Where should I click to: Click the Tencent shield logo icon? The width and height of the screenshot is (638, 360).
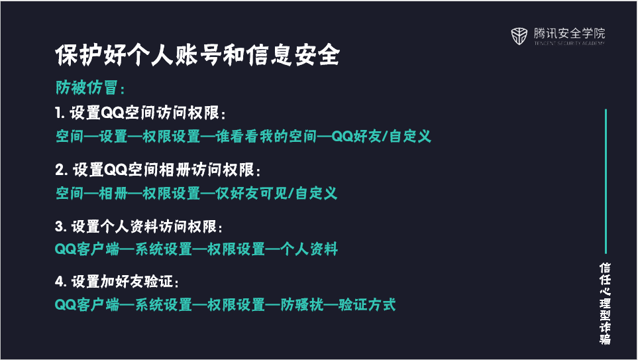(x=519, y=36)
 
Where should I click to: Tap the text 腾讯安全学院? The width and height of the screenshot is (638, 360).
(x=570, y=33)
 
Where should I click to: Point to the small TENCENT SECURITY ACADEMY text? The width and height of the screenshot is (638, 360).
(x=570, y=43)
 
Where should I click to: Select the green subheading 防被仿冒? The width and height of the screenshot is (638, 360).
(x=86, y=87)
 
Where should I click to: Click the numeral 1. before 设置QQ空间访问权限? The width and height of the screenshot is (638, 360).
(x=60, y=113)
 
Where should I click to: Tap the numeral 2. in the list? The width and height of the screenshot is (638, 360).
(x=62, y=170)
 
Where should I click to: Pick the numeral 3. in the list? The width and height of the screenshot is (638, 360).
(x=61, y=227)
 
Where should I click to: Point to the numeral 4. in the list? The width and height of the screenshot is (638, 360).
(x=61, y=281)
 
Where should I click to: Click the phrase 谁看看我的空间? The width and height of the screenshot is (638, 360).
(x=266, y=136)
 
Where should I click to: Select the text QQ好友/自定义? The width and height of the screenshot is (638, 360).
(x=381, y=136)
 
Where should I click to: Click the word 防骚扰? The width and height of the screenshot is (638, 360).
(x=302, y=304)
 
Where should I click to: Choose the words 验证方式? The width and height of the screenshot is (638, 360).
(x=367, y=304)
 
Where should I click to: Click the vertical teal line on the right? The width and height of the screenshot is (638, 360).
(x=606, y=181)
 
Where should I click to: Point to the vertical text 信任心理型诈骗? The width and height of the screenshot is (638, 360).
(x=605, y=304)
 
